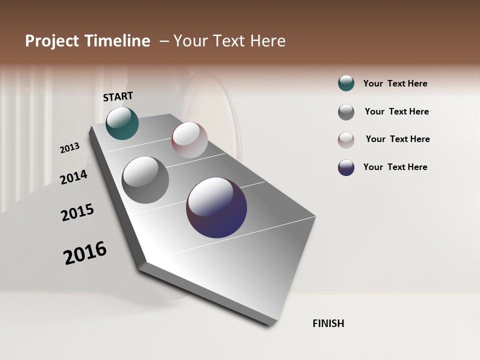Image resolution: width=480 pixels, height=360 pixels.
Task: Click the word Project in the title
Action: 52,41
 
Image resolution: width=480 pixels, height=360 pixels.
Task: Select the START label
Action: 118,96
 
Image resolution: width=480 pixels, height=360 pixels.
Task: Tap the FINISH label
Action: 328,323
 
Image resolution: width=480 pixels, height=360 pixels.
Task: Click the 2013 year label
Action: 70,148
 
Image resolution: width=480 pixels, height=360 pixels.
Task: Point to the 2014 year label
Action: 74,177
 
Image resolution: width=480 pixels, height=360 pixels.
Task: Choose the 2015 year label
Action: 77,212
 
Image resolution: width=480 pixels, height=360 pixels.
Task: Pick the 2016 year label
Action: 85,252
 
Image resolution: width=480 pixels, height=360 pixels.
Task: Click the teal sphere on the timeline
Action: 122,123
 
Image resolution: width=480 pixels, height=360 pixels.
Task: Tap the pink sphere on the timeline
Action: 189,140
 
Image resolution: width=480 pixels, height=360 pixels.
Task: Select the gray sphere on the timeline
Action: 145,180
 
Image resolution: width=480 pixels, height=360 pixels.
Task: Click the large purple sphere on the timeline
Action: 216,207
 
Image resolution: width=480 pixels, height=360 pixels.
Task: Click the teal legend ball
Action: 346,83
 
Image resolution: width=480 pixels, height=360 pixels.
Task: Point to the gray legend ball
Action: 346,112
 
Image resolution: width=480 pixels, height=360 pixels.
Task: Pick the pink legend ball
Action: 346,140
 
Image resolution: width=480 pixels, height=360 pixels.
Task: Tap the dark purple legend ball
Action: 346,167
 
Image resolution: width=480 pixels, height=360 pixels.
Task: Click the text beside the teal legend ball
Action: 395,84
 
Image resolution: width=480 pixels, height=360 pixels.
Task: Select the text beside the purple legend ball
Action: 395,167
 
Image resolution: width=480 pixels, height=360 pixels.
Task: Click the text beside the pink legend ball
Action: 397,139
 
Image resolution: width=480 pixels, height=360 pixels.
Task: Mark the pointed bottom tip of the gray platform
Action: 270,325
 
